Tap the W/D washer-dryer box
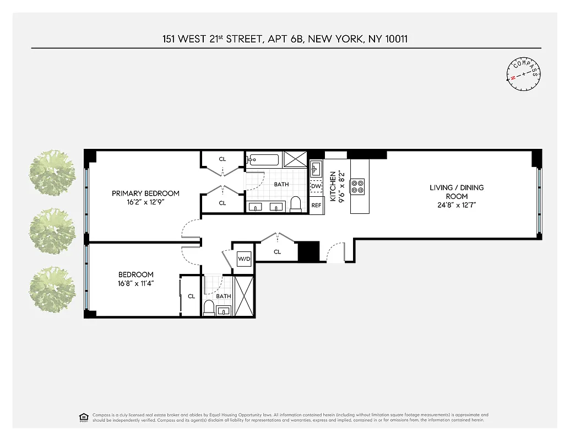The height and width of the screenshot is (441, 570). tap(244, 259)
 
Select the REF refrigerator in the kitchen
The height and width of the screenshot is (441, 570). tap(316, 205)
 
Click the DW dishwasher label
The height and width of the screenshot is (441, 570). tap(316, 186)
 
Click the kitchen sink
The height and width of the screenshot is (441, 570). tap(316, 167)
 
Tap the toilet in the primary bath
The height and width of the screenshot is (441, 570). tap(295, 203)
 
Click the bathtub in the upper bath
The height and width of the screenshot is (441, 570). tap(263, 160)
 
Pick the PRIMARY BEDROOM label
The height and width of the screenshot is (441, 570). tap(145, 193)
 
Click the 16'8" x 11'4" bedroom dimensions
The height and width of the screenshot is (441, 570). tap(135, 284)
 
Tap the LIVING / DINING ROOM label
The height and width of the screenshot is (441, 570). tap(457, 192)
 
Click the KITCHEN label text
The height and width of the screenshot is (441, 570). tap(333, 186)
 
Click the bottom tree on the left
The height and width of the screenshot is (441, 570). tap(52, 289)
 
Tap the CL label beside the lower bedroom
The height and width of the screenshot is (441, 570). tap(191, 296)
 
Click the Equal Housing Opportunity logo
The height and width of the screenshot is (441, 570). tap(84, 417)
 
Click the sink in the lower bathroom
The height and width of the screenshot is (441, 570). tap(224, 310)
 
